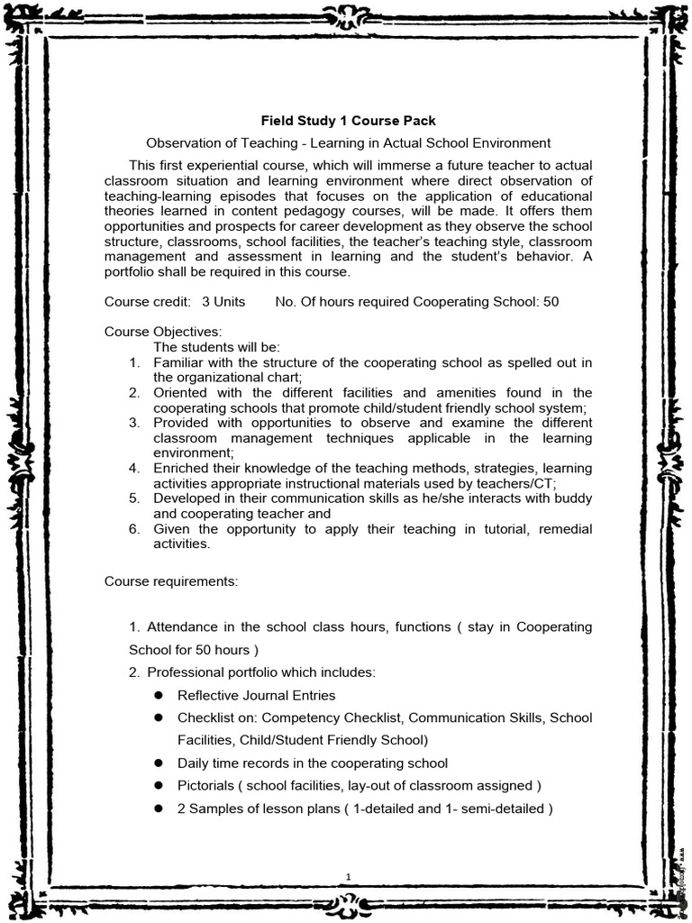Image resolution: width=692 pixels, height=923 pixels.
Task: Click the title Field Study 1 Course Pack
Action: [x=348, y=120]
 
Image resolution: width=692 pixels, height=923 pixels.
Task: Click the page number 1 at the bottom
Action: [x=348, y=875]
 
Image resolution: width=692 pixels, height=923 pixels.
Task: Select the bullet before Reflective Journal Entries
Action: [x=157, y=695]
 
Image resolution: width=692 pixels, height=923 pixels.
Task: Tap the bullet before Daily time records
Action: [x=157, y=763]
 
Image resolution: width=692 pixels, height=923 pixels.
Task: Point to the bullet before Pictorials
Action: [x=157, y=785]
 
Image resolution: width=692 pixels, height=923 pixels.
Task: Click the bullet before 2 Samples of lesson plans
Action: [x=157, y=809]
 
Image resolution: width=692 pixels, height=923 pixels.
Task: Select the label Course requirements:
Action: [x=171, y=581]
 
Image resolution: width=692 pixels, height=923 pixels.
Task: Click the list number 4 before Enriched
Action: [x=133, y=468]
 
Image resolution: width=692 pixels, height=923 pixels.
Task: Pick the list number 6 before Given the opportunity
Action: [x=133, y=529]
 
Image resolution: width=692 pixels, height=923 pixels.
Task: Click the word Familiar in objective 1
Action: [x=178, y=362]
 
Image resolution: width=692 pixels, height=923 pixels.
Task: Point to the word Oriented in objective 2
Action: [x=180, y=393]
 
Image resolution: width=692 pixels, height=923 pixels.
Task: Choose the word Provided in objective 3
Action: [x=181, y=423]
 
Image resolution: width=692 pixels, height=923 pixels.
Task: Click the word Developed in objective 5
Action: [x=186, y=498]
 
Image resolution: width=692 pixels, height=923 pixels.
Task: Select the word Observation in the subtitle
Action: [x=183, y=143]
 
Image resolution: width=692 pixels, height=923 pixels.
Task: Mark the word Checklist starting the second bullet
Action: [x=205, y=717]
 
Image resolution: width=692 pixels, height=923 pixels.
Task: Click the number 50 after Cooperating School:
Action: [x=551, y=301]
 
